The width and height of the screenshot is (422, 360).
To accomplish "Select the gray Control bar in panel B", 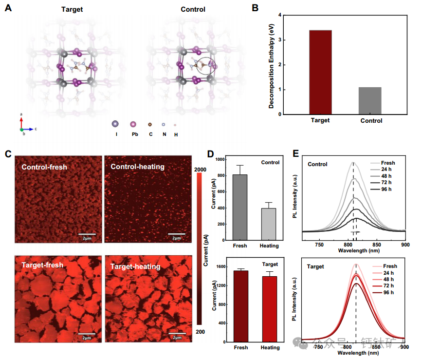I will [x=370, y=101].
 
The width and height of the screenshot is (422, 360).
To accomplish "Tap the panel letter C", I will [x=8, y=154].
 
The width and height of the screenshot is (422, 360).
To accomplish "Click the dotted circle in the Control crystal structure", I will [x=205, y=65].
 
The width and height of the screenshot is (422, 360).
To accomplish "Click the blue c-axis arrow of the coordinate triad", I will [x=30, y=130].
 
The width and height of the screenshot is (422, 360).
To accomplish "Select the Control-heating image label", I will [x=138, y=167].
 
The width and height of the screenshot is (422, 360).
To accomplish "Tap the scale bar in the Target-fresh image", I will [x=86, y=333].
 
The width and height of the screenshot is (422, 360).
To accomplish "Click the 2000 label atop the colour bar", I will [x=202, y=169].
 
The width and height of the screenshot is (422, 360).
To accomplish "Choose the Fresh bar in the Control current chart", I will [x=240, y=207].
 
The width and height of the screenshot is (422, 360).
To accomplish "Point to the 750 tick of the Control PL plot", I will [x=320, y=245].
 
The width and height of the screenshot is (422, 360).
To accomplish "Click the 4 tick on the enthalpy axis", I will [x=280, y=15].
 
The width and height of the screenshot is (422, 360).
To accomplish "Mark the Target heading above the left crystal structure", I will [x=72, y=9].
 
